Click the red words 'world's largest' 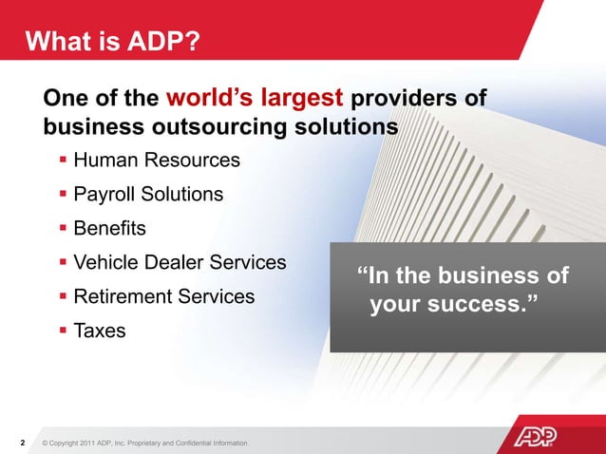(x=256, y=99)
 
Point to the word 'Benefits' (x=110, y=228)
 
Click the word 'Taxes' (x=100, y=331)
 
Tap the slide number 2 (x=23, y=443)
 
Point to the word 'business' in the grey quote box (x=488, y=275)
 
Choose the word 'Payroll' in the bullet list (x=104, y=194)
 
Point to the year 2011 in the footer (x=86, y=444)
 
